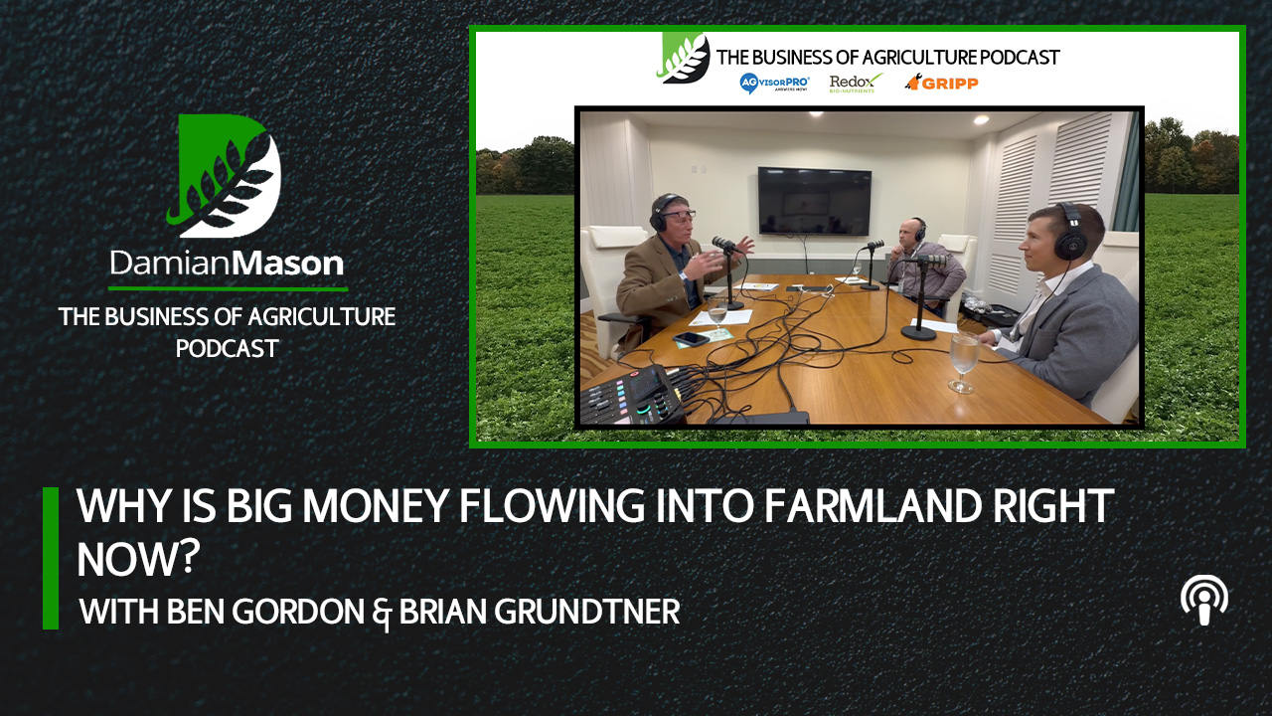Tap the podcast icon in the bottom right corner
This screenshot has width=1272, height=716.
point(1203,601)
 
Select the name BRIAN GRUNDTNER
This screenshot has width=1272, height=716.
point(540,612)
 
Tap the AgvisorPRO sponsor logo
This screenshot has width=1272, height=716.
point(775,84)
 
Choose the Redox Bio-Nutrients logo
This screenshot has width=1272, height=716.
point(856,83)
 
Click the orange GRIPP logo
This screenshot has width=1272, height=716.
point(941,83)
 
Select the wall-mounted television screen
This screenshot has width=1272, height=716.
point(814,201)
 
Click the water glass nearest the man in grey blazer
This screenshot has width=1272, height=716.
point(962,360)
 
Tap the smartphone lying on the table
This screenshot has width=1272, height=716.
point(691,339)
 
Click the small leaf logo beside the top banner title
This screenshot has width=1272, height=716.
point(684,58)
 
